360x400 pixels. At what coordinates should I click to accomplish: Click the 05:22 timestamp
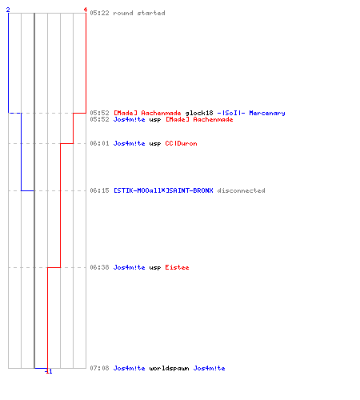(99, 13)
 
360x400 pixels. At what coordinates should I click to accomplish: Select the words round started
(139, 13)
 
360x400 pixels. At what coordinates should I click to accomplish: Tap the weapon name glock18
(199, 113)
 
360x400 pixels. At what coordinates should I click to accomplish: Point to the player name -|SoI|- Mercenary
(251, 113)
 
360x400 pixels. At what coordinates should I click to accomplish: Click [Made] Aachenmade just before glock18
(147, 113)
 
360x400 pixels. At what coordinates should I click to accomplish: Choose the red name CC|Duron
(181, 143)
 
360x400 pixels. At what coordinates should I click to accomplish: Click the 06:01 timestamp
(99, 143)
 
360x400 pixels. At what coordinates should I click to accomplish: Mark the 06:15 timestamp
(99, 190)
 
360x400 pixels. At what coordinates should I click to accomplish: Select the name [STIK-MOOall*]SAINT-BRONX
(163, 190)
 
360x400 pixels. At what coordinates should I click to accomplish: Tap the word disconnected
(241, 190)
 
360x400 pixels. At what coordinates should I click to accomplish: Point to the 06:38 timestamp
(99, 267)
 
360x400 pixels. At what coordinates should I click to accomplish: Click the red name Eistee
(177, 267)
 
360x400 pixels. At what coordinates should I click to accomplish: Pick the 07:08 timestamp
(99, 368)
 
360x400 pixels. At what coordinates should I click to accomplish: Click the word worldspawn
(169, 368)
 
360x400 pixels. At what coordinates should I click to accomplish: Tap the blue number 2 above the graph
(8, 10)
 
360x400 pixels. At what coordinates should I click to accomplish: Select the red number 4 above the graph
(86, 10)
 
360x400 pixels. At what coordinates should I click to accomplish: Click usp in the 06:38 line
(155, 268)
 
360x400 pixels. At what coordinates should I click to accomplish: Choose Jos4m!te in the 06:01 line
(130, 143)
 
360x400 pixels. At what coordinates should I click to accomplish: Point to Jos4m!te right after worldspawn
(209, 368)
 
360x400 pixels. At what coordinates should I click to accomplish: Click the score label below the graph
(49, 371)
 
